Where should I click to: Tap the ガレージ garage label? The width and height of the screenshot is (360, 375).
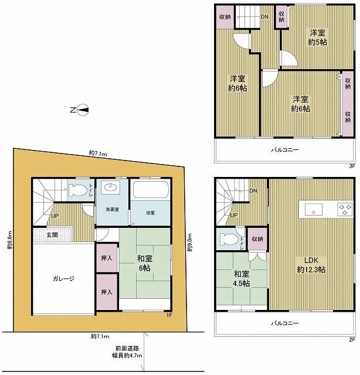(x=64, y=279)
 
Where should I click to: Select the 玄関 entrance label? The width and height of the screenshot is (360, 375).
(x=52, y=234)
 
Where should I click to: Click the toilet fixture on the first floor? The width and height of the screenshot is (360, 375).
(x=77, y=190)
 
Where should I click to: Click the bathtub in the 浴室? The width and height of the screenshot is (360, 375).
(x=151, y=190)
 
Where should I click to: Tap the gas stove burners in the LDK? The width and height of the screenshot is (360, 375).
(x=345, y=209)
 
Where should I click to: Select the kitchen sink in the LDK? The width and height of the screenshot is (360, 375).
(x=313, y=210)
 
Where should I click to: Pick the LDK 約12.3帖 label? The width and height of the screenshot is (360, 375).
(x=311, y=265)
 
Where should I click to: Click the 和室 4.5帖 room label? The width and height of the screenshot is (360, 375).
(x=242, y=279)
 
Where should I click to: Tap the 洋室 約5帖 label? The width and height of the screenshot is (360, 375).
(x=317, y=37)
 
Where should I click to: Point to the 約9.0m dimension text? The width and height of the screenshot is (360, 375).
(x=190, y=242)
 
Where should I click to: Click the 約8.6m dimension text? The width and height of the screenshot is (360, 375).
(x=9, y=240)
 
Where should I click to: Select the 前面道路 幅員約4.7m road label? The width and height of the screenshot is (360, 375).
(x=127, y=352)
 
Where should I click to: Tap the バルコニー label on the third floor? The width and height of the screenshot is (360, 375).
(x=285, y=150)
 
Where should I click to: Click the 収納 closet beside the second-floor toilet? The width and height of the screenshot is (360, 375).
(x=257, y=239)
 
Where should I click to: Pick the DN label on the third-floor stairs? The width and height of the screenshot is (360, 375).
(x=264, y=17)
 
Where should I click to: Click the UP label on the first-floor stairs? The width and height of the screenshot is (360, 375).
(x=55, y=216)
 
